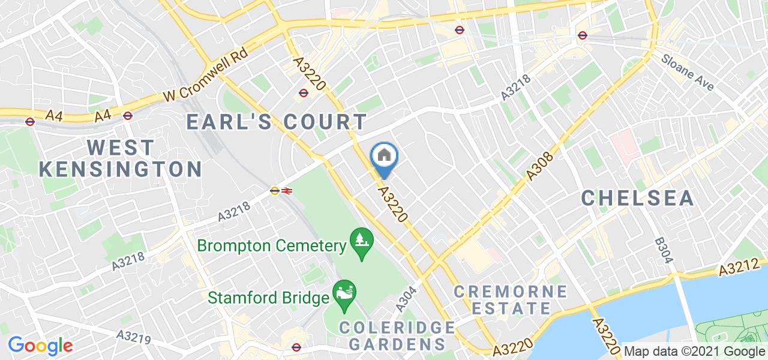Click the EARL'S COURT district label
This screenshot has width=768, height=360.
point(276,122)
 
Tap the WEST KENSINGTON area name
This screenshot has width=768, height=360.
point(120,158)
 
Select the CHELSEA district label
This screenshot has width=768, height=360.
point(637,197)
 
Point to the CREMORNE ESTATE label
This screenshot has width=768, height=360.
point(510,300)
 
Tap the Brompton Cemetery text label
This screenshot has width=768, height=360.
point(272,245)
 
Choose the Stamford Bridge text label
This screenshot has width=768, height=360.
point(268,297)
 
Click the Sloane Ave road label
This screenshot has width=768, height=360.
point(688,73)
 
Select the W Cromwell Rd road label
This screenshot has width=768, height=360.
point(205,77)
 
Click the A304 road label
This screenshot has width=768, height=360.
point(406,298)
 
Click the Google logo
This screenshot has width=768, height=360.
point(40,346)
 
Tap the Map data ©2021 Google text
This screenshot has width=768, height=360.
point(694,352)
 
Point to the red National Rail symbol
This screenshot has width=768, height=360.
point(287,191)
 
